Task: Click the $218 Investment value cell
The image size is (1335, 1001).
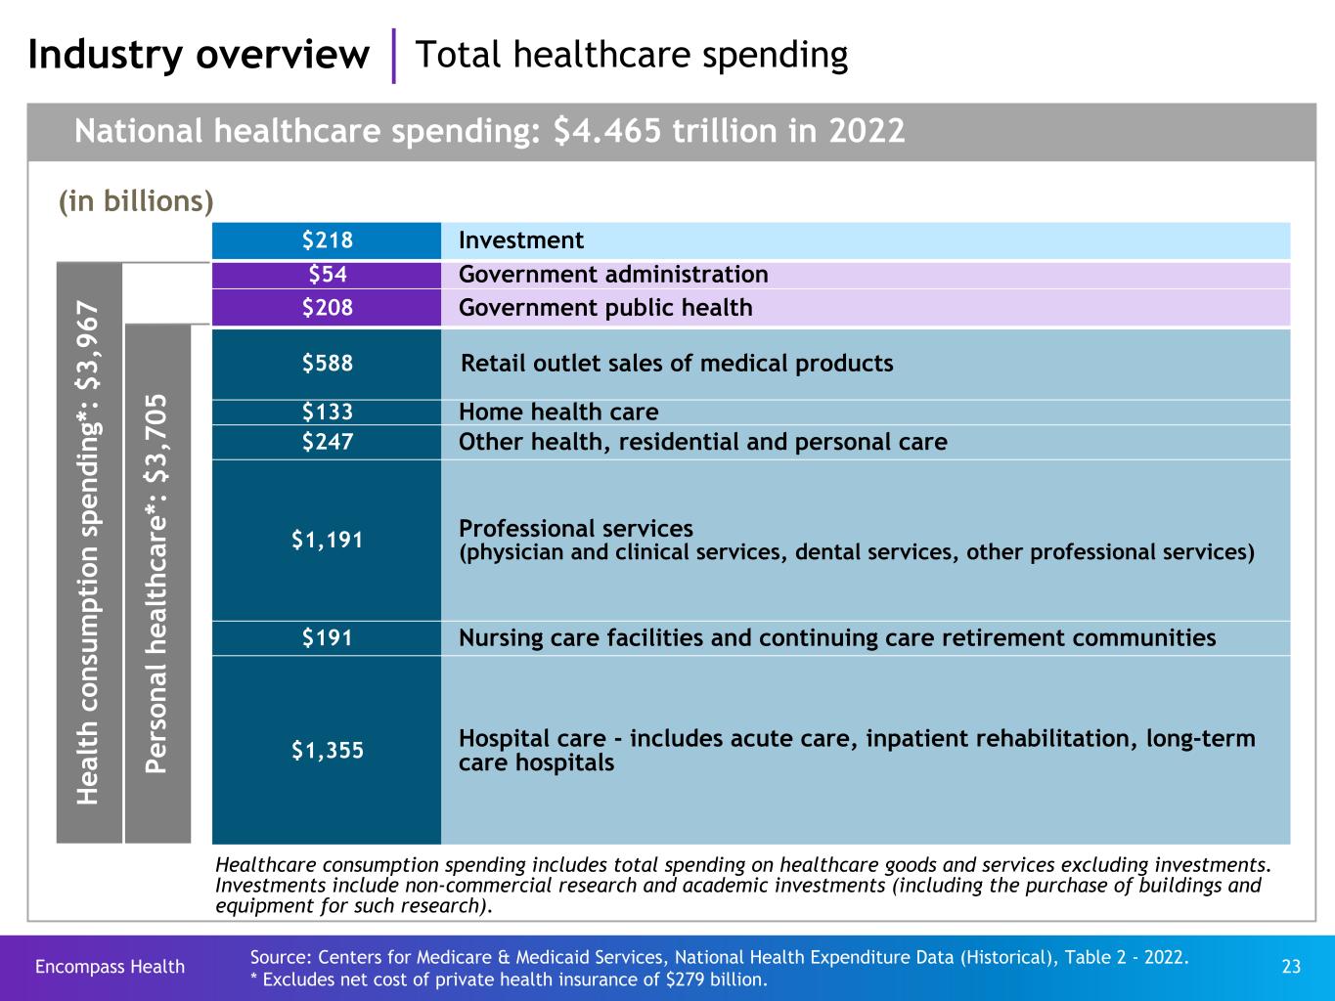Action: click(x=327, y=240)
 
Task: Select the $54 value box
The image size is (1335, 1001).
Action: click(x=327, y=275)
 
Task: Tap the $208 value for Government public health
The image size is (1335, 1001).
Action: click(x=327, y=308)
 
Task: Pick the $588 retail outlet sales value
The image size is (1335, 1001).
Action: click(x=327, y=364)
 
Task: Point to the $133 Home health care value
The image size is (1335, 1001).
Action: click(x=327, y=412)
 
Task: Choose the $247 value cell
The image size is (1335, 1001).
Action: click(x=327, y=442)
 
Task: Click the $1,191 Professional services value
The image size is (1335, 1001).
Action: click(x=327, y=540)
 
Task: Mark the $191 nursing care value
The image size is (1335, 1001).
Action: click(x=327, y=638)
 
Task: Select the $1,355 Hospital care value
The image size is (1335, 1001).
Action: click(x=327, y=750)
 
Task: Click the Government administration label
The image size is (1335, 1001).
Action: click(x=613, y=275)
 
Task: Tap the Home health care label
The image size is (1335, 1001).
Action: click(x=558, y=412)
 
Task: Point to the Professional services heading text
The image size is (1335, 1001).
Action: click(x=576, y=529)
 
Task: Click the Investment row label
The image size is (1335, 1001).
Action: click(x=521, y=240)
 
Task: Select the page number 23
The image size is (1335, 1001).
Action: click(x=1291, y=967)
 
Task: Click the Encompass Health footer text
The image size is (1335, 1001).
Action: click(x=110, y=967)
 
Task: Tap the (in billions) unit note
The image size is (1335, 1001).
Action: click(x=136, y=201)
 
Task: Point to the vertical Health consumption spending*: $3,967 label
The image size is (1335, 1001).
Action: click(x=89, y=552)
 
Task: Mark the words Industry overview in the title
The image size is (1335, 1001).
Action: click(x=198, y=55)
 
